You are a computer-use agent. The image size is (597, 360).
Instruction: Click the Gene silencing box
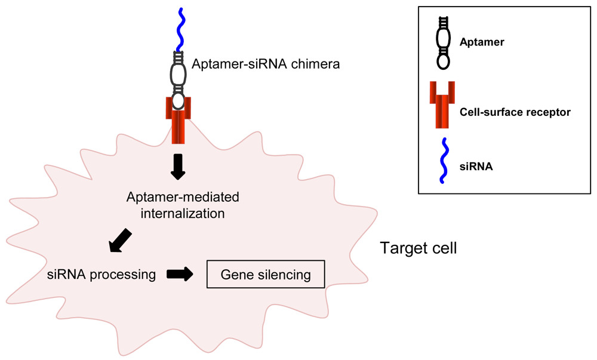(266, 275)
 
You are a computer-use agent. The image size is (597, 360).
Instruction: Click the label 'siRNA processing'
(101, 275)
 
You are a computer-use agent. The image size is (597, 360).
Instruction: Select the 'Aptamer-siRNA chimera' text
(266, 63)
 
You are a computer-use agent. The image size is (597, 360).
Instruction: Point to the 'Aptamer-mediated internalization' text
(179, 204)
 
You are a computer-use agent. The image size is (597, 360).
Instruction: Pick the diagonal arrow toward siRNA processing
(122, 239)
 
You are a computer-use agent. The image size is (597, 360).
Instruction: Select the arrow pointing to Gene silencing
(180, 274)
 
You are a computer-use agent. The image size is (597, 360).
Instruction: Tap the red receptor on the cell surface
(177, 119)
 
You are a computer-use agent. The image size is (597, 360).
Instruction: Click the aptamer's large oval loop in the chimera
(177, 74)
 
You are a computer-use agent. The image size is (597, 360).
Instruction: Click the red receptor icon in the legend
(443, 106)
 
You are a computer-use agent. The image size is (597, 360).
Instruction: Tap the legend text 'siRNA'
(476, 168)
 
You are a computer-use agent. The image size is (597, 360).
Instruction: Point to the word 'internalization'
(179, 212)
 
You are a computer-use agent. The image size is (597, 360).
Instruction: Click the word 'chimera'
(316, 63)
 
